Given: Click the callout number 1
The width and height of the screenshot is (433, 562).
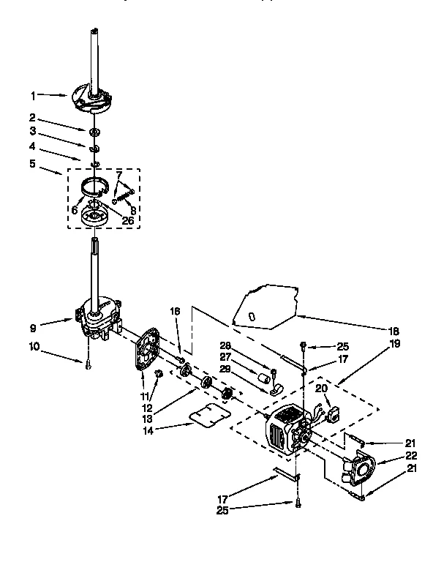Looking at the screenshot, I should point(32,95).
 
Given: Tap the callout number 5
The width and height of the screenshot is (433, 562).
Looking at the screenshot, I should point(32,163).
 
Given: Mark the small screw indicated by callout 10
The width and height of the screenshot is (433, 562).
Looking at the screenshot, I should point(88,365).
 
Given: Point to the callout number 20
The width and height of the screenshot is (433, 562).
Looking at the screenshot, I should point(320,389).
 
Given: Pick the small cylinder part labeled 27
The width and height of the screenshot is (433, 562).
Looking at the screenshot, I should point(263,377).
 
